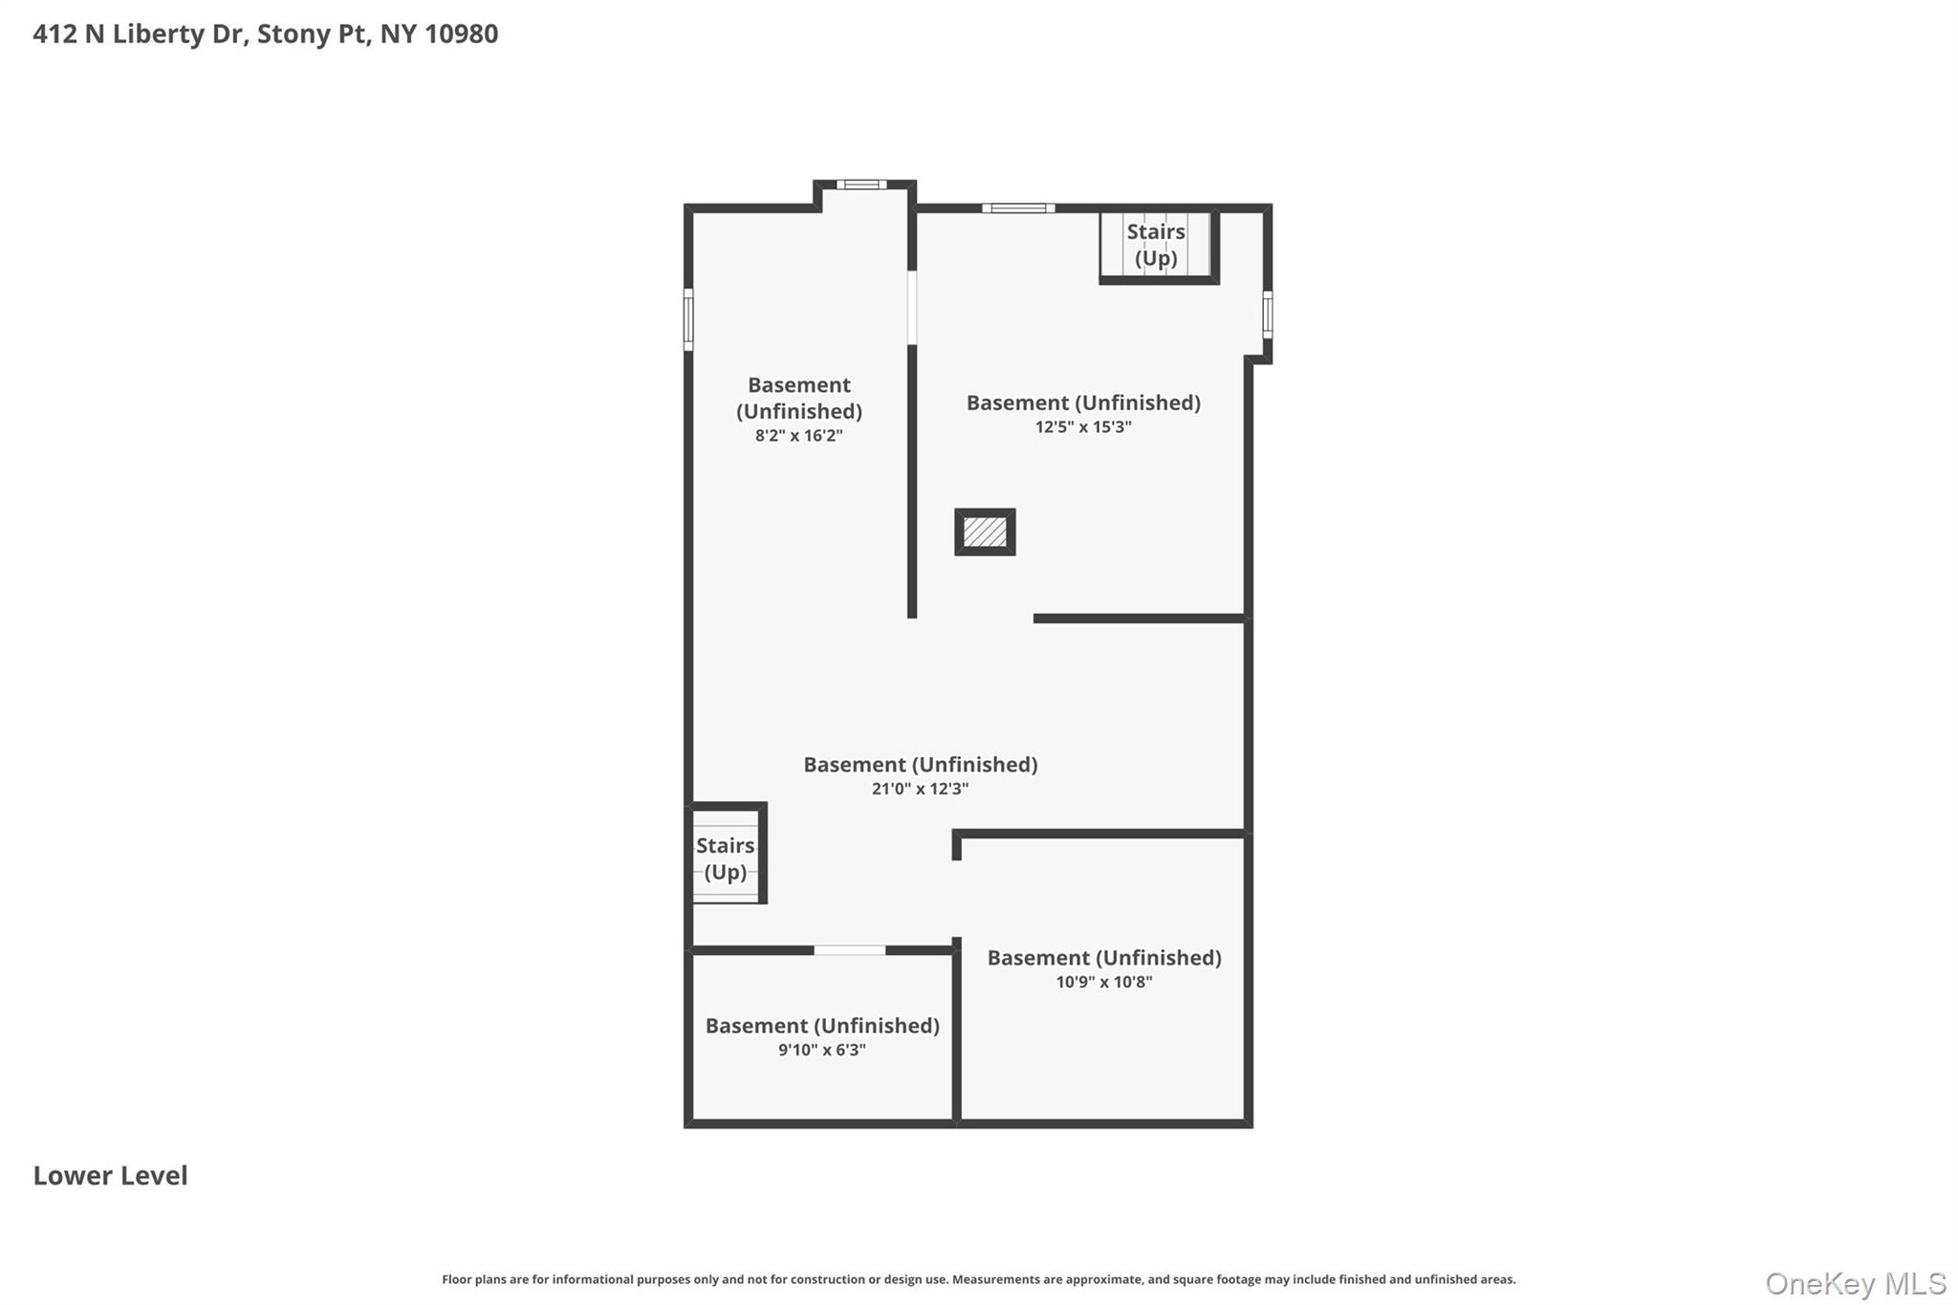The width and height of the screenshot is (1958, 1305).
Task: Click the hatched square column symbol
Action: coord(985,532)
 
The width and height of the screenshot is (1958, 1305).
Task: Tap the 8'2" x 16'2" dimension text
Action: coord(799,436)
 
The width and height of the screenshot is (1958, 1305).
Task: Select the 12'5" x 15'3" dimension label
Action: coord(1083,427)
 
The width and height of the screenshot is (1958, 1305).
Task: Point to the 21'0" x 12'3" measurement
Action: coord(920,789)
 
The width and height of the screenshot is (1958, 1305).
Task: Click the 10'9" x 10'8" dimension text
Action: coord(1104,982)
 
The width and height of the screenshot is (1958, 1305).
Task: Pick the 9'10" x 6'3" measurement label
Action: coord(822,1050)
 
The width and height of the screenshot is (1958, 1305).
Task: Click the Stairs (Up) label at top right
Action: coord(1156,245)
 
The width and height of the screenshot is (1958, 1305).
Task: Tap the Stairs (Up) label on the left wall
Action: coord(726,859)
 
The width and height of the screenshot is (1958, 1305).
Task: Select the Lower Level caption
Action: coord(111,1175)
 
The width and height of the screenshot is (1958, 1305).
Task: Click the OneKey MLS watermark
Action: coord(1856,1283)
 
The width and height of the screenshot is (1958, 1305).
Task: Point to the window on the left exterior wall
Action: coord(688,319)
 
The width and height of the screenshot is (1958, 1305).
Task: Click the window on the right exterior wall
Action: coord(1268,315)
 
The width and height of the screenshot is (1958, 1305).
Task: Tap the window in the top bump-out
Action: coord(861,185)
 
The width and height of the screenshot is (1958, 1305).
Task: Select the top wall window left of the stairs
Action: coord(1018,207)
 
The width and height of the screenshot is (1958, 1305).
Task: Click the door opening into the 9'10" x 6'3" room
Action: coord(850,950)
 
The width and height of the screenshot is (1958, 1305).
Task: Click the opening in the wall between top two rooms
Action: coord(912,308)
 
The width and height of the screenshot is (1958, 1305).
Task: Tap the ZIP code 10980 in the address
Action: coord(462,34)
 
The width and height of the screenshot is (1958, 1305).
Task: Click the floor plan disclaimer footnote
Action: coord(979,1279)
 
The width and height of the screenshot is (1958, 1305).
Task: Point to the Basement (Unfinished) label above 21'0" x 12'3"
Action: coord(920,765)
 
